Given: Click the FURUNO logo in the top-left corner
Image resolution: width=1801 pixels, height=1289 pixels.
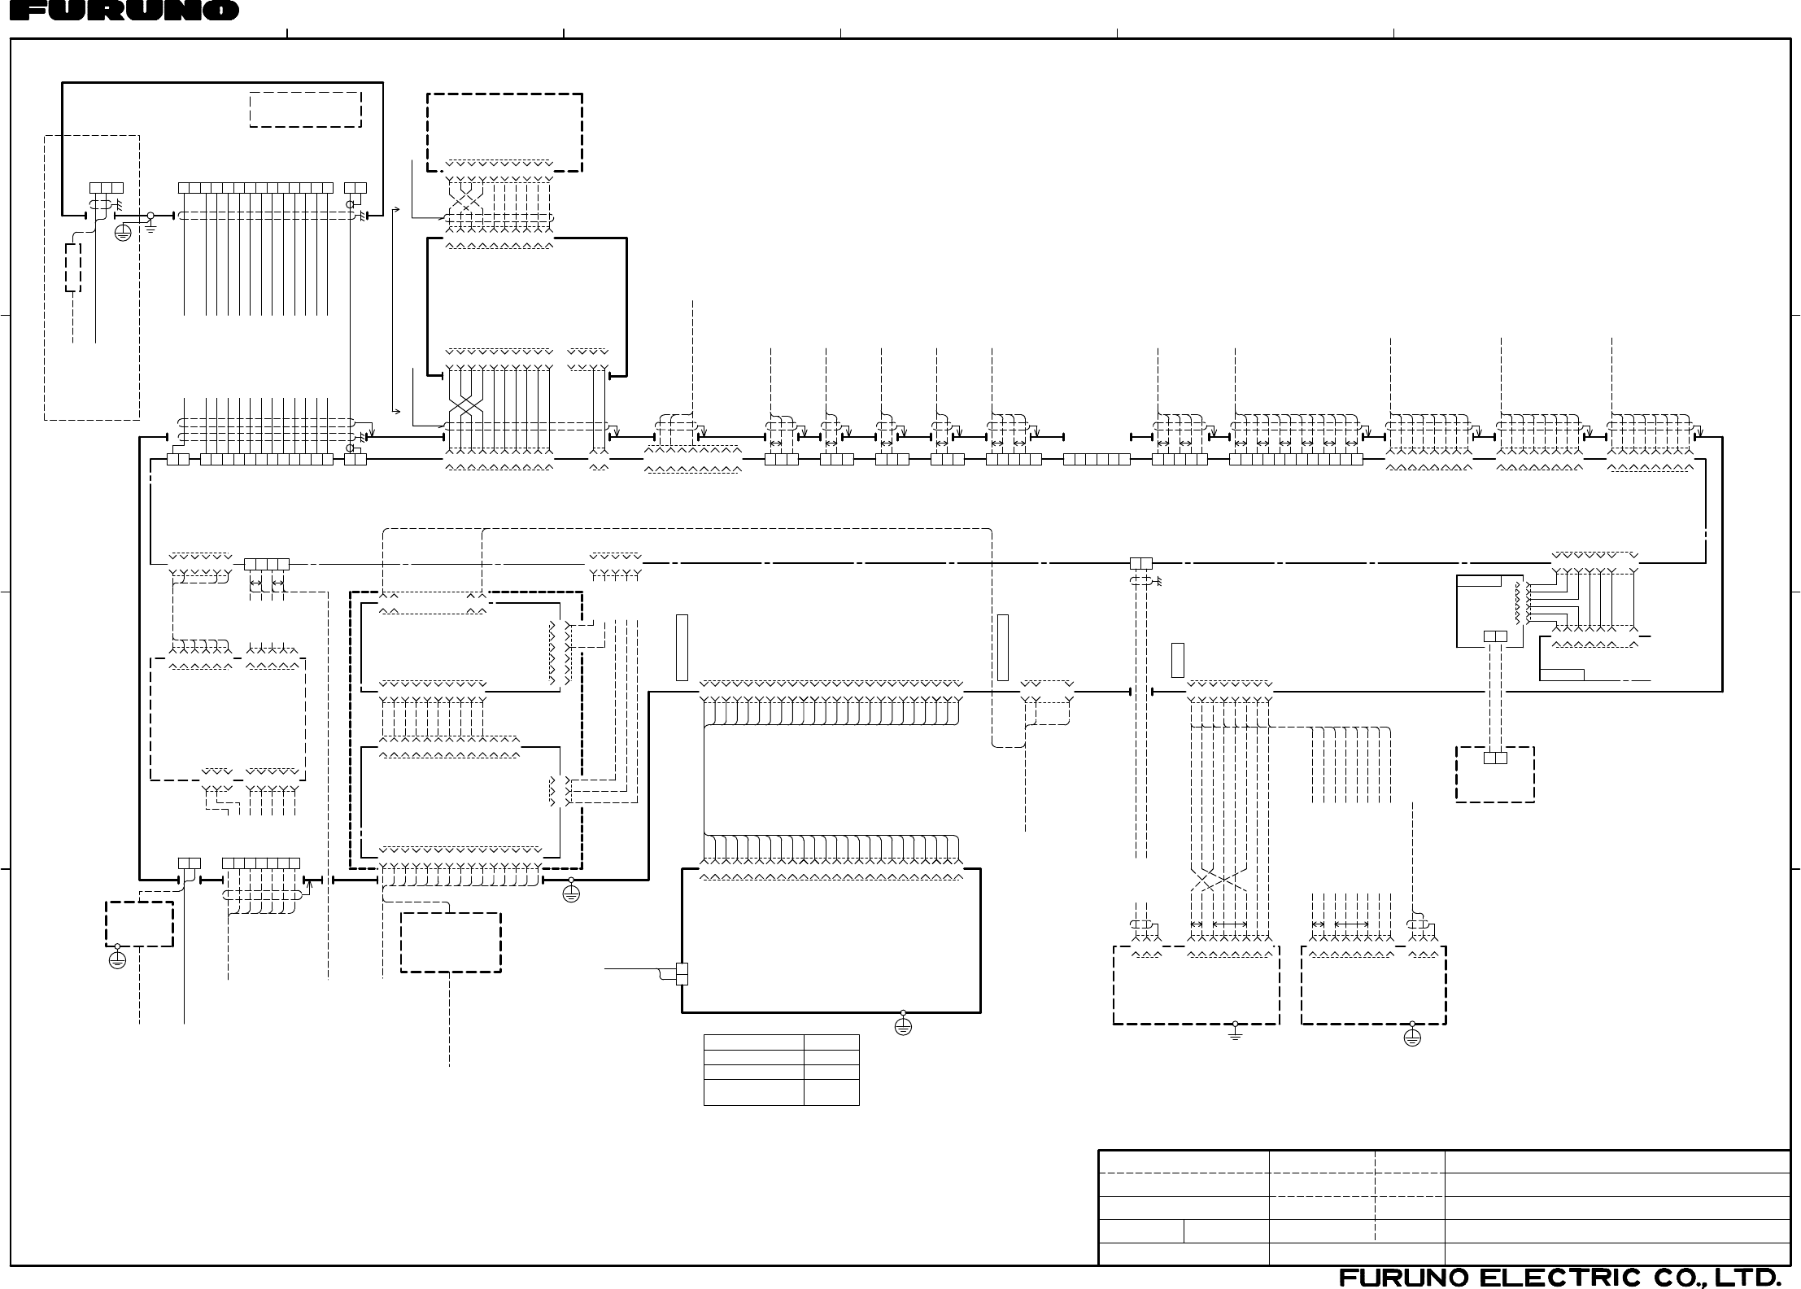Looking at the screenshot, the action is tap(120, 11).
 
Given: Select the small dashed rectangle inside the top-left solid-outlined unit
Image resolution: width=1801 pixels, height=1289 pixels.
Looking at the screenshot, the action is tap(305, 109).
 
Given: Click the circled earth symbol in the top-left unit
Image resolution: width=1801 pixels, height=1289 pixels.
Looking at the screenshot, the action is tap(123, 234).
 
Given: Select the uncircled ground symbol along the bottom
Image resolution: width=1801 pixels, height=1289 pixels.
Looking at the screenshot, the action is tap(1235, 1033).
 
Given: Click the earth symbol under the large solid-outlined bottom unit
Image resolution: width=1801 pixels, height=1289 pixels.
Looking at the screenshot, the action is tap(903, 1026).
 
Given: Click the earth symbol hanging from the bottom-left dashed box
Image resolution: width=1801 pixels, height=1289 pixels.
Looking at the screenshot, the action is tap(117, 959).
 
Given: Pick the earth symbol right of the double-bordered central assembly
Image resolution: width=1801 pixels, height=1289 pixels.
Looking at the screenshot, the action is tap(571, 894).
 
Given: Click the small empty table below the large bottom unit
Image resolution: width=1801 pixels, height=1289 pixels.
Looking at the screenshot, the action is tap(781, 1070).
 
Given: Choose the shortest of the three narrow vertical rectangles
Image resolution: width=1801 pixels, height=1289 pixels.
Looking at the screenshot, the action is tap(1177, 660).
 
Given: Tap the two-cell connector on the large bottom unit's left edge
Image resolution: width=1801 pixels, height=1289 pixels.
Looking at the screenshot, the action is tap(682, 973).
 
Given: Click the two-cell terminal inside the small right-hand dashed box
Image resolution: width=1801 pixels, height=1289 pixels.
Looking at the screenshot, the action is tap(1495, 758).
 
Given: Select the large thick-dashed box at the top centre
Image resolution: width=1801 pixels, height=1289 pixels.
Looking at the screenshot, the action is tap(504, 132).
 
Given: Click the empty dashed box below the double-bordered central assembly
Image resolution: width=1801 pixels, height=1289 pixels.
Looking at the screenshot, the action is tap(450, 942).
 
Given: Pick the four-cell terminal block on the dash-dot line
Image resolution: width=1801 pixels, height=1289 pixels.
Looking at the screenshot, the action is tap(266, 564).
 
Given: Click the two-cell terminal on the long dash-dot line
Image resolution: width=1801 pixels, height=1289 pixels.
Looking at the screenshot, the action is tap(1141, 563).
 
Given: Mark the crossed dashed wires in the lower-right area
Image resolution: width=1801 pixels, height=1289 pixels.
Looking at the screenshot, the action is tap(1219, 880).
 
